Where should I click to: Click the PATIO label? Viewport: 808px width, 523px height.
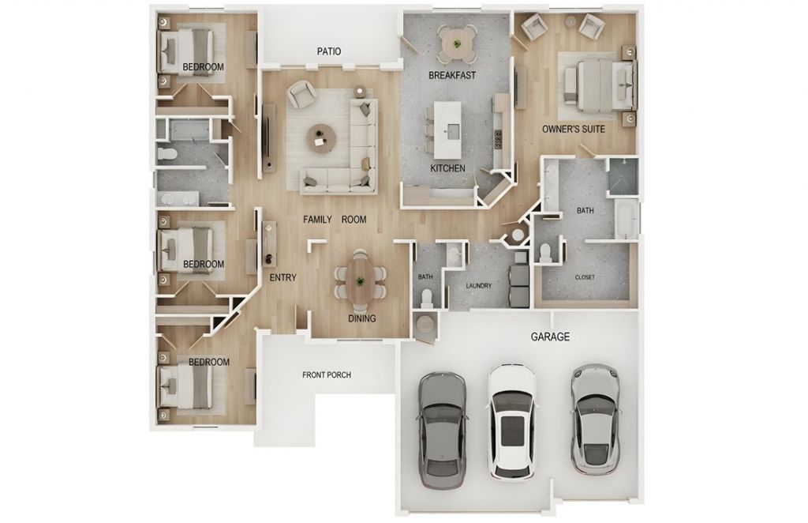coord(329,51)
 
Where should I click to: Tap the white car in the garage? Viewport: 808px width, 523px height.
coord(511,421)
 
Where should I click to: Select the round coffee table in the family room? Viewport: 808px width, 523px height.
coord(322,137)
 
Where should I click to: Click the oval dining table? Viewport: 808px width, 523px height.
coord(360,281)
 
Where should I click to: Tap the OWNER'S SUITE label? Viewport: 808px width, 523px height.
coord(574,129)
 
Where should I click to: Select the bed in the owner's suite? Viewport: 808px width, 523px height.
coord(598,85)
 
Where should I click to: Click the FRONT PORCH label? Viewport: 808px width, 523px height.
coord(327,375)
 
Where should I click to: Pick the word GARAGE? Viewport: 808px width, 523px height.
coord(550,337)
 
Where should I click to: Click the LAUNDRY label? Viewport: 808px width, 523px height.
coord(479,286)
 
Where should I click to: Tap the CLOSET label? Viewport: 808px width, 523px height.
coord(585,277)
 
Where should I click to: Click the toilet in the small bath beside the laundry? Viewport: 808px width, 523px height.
coord(426,298)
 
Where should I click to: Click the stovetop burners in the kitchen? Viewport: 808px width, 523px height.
coord(499,139)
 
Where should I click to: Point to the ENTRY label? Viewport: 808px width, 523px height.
coord(283,277)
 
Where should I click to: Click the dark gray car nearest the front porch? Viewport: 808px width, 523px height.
coord(443,430)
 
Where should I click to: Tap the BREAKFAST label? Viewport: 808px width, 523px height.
coord(452,75)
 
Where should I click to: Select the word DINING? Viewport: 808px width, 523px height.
coord(361,318)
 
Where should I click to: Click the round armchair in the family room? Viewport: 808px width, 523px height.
coord(301,94)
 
